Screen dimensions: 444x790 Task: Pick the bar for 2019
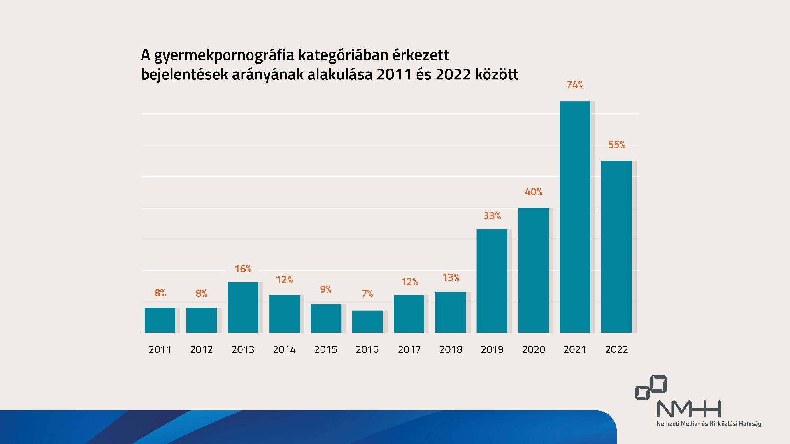pos(492,281)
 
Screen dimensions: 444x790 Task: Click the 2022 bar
pos(616,247)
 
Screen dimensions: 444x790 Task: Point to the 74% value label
pos(575,85)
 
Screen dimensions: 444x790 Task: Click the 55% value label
pos(616,145)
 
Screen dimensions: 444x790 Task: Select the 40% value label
pos(533,192)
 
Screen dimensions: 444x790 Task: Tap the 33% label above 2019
pos(492,216)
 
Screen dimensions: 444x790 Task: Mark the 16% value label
pos(243,269)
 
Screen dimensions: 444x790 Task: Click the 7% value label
pos(367,294)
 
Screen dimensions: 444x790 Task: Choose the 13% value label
pos(451,278)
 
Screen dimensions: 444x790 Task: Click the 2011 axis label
pos(160,349)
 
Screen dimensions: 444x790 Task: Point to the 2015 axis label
pos(325,349)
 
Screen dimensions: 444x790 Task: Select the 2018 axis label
pos(451,349)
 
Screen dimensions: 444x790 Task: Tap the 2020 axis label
pos(533,349)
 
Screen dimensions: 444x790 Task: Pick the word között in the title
pos(497,74)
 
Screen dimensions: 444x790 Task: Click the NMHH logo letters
pos(689,409)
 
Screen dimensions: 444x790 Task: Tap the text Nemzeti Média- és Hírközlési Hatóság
pos(709,424)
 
